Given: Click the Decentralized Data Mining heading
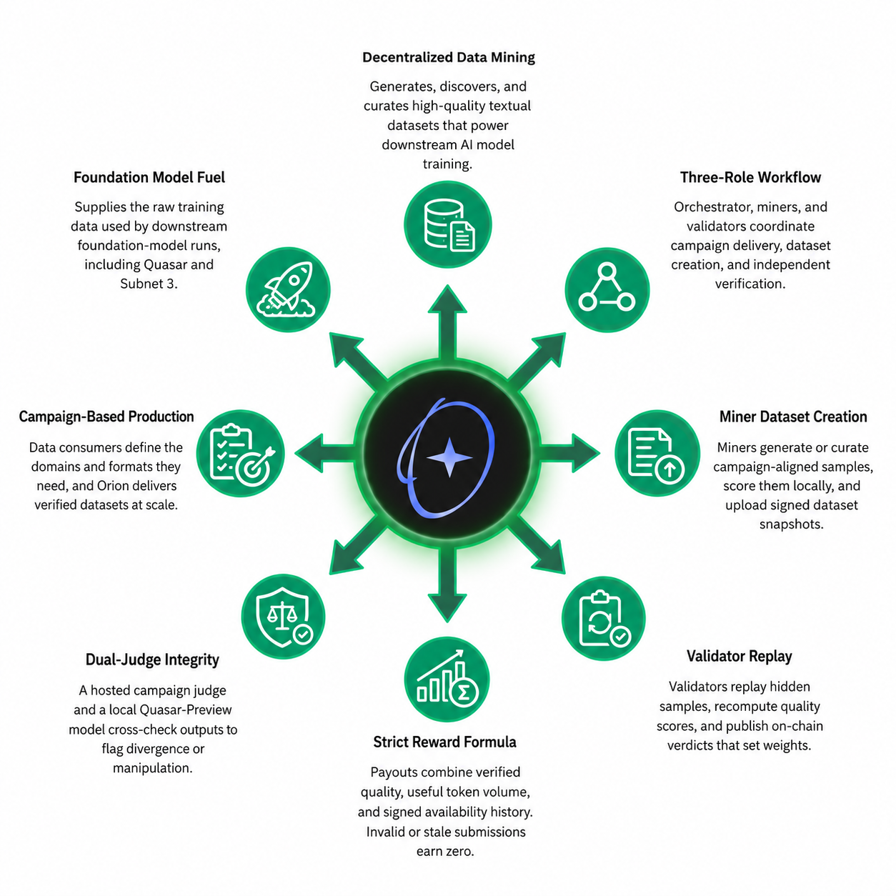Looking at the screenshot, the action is (x=448, y=57).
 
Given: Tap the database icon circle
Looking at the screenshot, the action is (x=447, y=224).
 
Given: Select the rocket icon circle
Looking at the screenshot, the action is (x=288, y=289).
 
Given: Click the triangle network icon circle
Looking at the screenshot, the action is (x=607, y=289).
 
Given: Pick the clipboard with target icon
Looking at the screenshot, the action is (x=240, y=453).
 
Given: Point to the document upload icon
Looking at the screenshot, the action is (x=657, y=453).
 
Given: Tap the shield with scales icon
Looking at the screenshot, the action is (x=283, y=616).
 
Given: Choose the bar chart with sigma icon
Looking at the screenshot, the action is (x=447, y=679).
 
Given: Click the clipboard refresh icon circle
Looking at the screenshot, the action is (x=604, y=619).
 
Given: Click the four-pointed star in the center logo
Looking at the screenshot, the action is (x=449, y=457).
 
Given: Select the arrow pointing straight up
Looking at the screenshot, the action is (x=447, y=324).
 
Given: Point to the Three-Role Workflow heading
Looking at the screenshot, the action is (x=750, y=177).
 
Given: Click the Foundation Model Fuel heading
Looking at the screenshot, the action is (x=149, y=177).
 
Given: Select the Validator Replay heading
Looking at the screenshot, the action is (x=739, y=656).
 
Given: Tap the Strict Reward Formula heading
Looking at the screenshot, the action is (x=444, y=742).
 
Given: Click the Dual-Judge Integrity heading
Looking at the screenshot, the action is (x=152, y=659).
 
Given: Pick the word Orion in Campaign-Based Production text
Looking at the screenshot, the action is (x=111, y=485).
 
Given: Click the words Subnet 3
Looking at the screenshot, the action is (x=149, y=284).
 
